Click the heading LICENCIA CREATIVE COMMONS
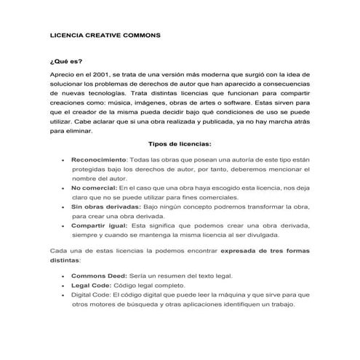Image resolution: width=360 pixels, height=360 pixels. coord(105,34)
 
